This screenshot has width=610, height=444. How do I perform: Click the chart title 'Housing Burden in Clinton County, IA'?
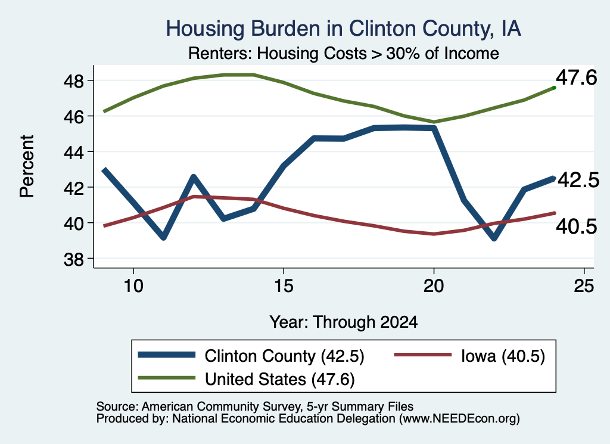[x=343, y=29]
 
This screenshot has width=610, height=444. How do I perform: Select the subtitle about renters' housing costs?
[x=344, y=53]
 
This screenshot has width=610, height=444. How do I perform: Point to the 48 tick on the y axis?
[x=74, y=81]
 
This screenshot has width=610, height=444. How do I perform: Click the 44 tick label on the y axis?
[x=74, y=152]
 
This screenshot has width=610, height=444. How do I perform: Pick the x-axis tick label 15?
[x=283, y=286]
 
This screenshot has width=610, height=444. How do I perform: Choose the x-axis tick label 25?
[x=584, y=286]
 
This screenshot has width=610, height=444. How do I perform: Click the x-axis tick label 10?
[x=133, y=286]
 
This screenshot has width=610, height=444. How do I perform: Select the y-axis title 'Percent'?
[x=27, y=166]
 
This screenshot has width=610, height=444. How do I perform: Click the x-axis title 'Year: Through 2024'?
[x=344, y=322]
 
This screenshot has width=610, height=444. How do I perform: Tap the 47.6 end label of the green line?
[x=576, y=77]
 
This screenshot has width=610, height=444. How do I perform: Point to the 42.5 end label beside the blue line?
[x=578, y=180]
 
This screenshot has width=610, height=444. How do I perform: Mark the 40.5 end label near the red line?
[x=576, y=226]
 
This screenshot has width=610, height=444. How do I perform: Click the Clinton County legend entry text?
[x=284, y=356]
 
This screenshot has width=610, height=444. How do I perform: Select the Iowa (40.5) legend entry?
[x=503, y=356]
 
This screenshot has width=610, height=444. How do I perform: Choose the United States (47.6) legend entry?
[x=280, y=379]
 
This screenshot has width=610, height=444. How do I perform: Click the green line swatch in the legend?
[x=167, y=377]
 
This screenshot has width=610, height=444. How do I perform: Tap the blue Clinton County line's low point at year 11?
[x=163, y=237]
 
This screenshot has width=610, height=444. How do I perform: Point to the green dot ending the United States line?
[x=554, y=88]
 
